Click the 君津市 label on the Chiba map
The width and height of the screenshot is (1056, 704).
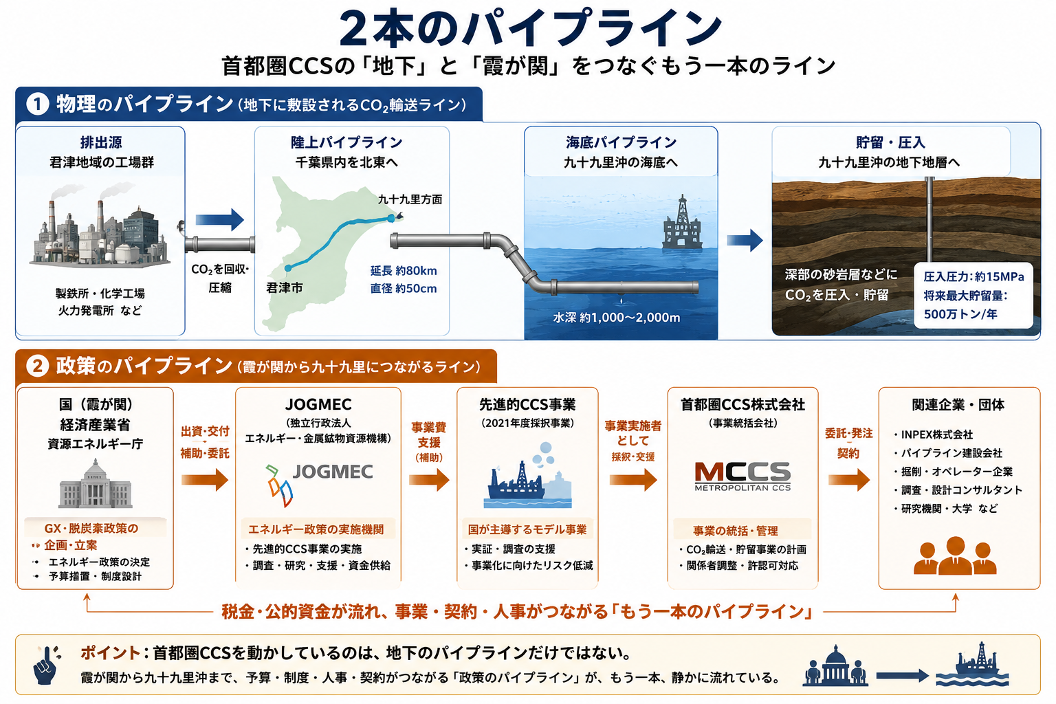point(284,287)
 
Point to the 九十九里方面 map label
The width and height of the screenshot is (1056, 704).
point(410,199)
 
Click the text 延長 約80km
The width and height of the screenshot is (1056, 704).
point(404,271)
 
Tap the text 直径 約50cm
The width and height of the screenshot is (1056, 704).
point(404,289)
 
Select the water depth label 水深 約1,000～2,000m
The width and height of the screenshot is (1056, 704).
point(617,318)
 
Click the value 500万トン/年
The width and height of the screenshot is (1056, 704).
point(960,314)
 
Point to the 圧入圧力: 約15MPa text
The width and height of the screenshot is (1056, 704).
point(973,277)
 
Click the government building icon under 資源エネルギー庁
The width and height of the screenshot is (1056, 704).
point(96,483)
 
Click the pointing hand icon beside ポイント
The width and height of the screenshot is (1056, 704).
point(47,664)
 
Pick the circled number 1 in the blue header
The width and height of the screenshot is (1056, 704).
point(38,104)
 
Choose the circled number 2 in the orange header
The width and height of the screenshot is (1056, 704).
point(38,366)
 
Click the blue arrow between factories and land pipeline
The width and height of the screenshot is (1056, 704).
point(220,220)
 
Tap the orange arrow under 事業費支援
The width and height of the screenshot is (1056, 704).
point(429,480)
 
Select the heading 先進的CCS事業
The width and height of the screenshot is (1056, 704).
point(527,404)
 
